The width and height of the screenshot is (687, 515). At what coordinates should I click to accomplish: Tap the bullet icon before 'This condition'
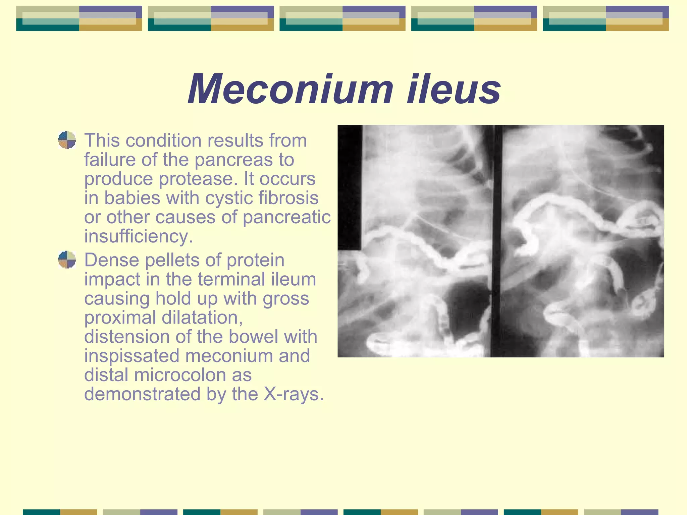(67, 140)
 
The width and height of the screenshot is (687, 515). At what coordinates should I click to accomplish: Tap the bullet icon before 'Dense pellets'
(67, 260)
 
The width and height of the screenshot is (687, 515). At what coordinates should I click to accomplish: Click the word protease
(198, 179)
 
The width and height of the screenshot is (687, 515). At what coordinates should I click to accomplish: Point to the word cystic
(228, 198)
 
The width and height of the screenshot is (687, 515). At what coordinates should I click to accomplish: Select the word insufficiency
(139, 236)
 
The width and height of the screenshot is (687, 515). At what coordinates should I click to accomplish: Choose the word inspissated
(131, 356)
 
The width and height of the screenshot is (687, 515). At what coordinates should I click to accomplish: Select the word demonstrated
(142, 394)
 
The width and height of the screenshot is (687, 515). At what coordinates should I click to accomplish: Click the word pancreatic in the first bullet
(287, 217)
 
